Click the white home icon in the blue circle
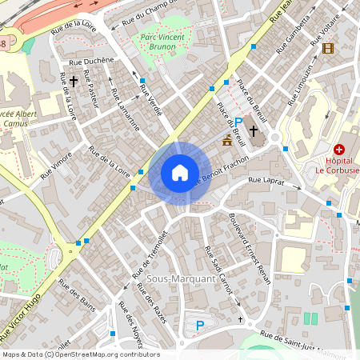pos(179,173)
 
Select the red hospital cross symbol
pos(339,150)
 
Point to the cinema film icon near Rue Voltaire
pos(327,49)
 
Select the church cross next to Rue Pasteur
pos(74,81)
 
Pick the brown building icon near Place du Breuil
pos(227,141)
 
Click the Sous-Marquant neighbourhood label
pos(180,278)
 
